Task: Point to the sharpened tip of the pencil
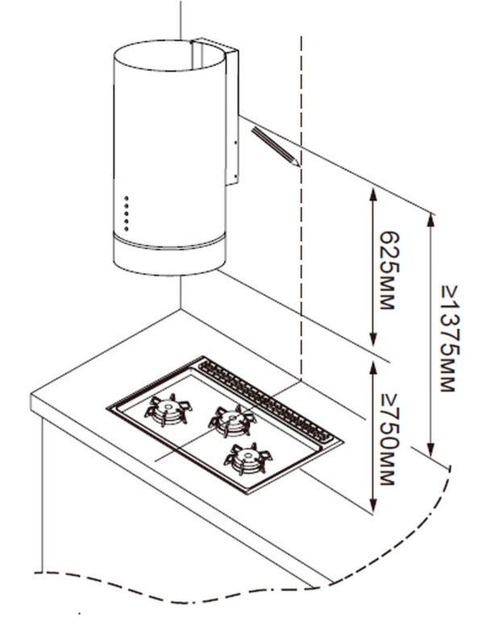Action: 298,164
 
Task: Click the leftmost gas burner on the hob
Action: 168,409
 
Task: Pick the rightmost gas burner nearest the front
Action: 248,458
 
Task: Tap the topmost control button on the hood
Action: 127,198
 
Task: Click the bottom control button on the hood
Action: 127,229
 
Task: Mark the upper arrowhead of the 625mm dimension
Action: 373,195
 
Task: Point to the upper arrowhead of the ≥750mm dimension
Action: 373,369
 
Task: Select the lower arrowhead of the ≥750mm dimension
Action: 373,505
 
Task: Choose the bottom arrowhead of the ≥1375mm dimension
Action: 431,449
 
